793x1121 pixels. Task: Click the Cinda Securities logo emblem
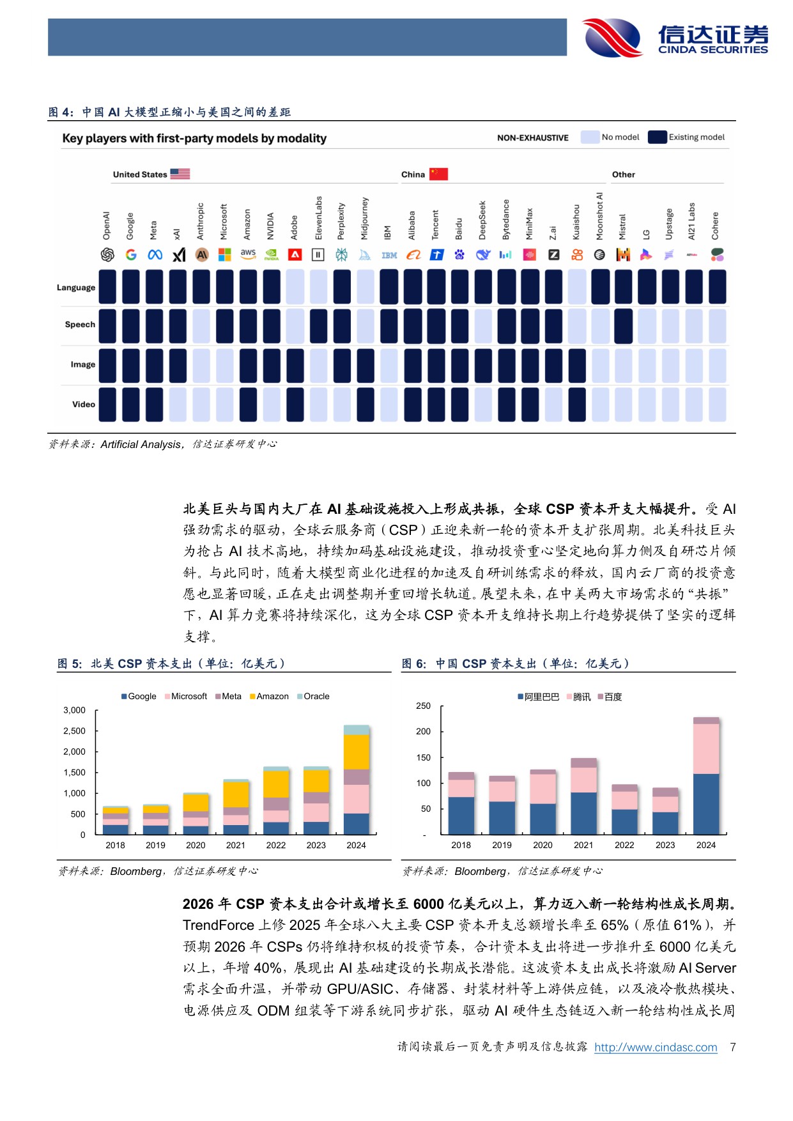point(612,38)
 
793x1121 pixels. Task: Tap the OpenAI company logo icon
point(107,255)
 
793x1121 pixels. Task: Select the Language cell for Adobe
point(295,286)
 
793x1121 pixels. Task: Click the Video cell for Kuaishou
point(576,405)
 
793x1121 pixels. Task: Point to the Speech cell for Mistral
point(623,326)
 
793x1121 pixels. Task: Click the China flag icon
point(438,174)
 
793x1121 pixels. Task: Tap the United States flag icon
point(180,174)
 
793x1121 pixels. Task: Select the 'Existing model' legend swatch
point(657,137)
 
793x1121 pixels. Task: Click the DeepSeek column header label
point(482,220)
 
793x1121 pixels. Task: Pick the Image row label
point(83,364)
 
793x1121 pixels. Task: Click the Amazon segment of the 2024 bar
point(356,752)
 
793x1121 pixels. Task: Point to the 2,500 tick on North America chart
point(74,731)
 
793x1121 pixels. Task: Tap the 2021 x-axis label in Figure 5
point(235,845)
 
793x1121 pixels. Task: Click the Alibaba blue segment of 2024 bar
point(705,803)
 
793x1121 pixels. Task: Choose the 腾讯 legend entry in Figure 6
point(578,697)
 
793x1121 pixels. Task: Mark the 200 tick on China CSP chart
point(423,731)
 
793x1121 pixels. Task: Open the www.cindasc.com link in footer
point(656,1047)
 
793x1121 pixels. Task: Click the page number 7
point(732,1047)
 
